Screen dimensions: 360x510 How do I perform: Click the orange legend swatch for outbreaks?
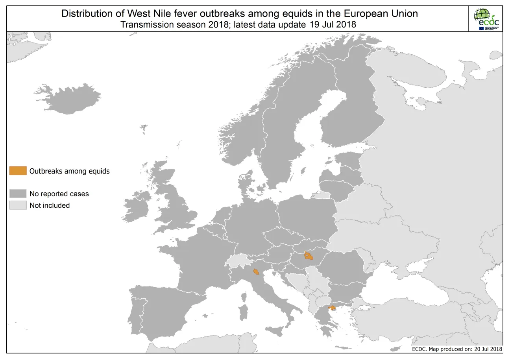18,171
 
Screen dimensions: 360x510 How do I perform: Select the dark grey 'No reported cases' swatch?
18,194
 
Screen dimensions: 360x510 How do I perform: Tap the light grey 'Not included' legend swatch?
18,205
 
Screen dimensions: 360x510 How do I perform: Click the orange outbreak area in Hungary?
309,257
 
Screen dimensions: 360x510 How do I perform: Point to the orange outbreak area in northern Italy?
256,271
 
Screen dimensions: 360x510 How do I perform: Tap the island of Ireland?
136,207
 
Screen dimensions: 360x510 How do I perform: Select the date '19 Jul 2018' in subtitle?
331,24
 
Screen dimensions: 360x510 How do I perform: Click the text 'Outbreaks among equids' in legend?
69,171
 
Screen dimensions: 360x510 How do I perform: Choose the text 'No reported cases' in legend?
59,194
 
